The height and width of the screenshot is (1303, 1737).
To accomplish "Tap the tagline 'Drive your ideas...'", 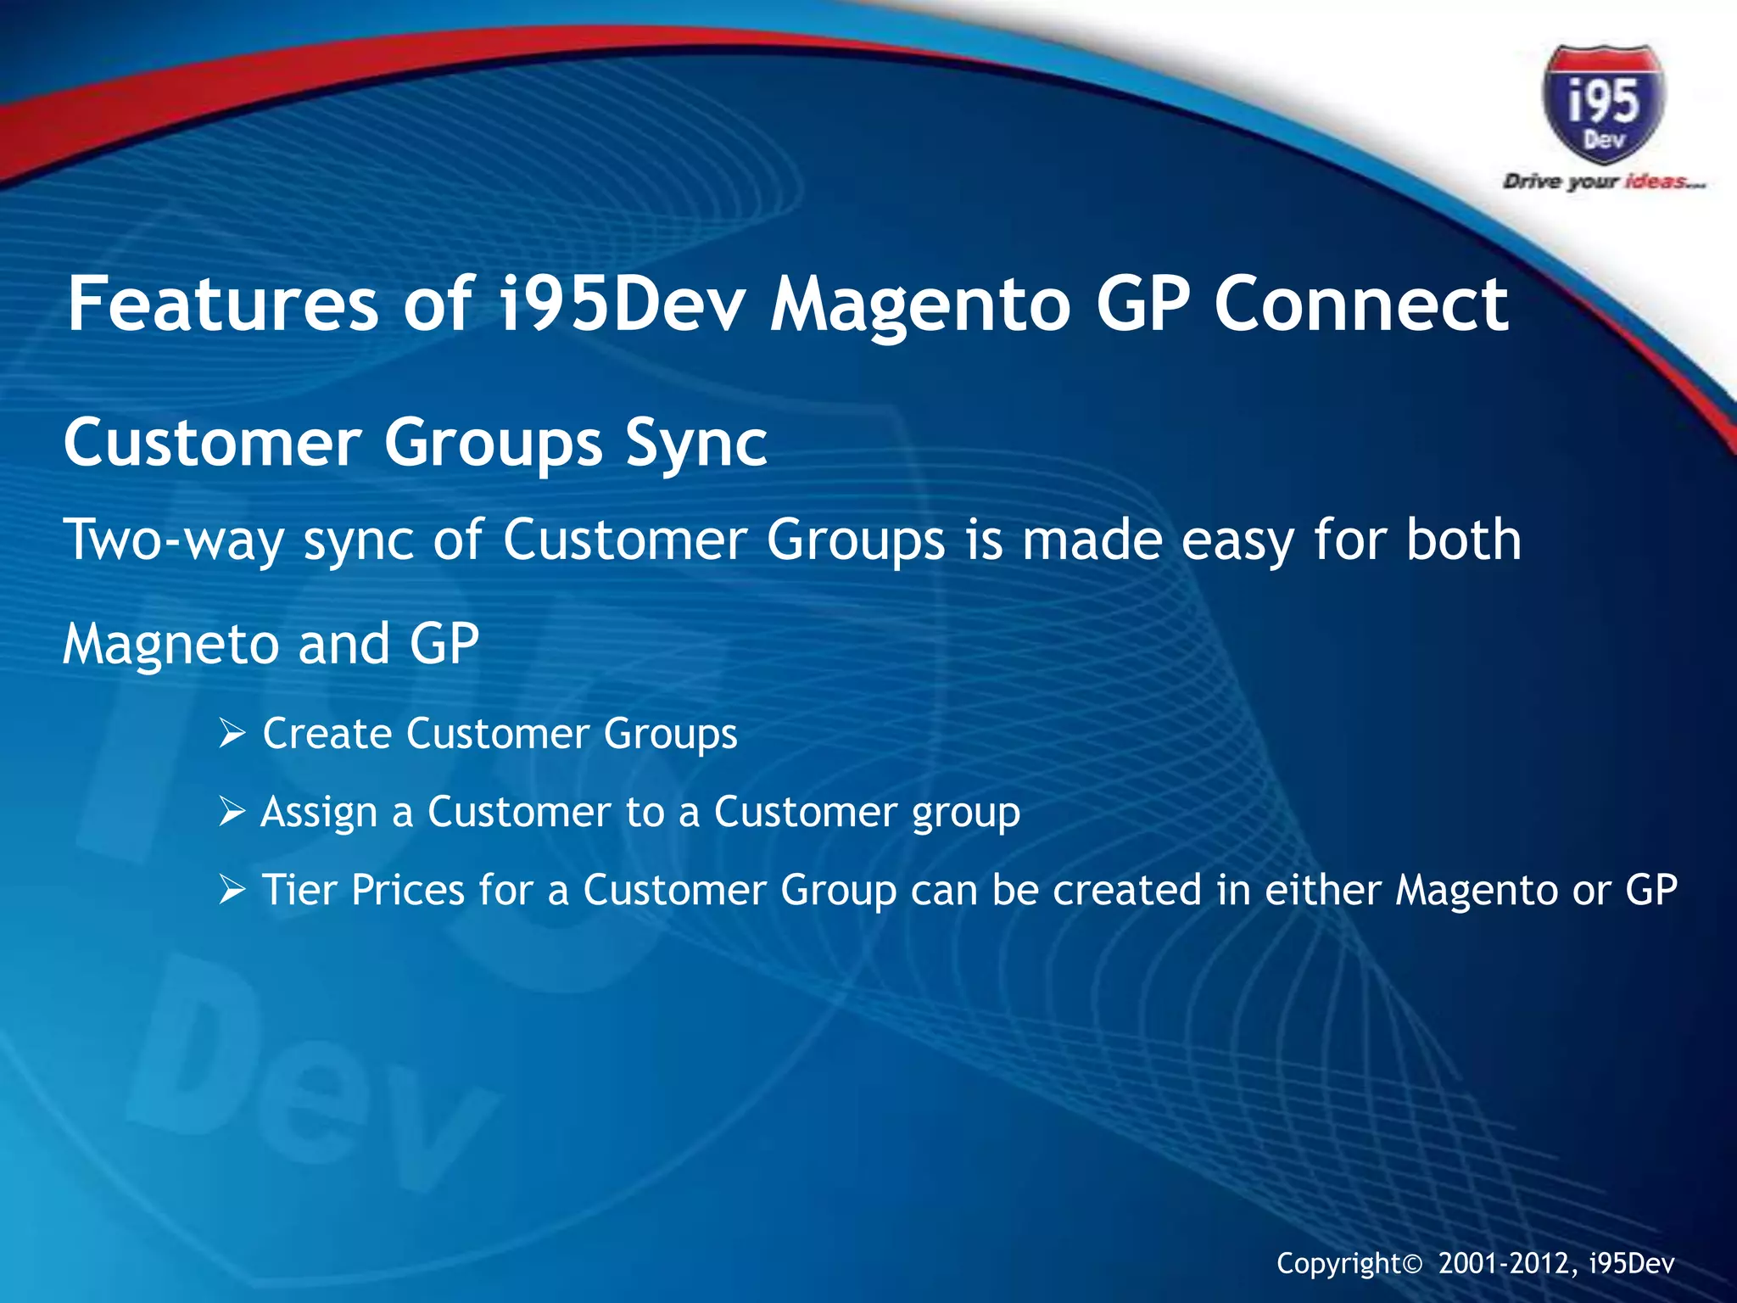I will coord(1603,182).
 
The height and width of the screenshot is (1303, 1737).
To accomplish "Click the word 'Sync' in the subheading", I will coord(695,444).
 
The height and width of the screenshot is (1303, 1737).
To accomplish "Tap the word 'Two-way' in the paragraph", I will coord(174,540).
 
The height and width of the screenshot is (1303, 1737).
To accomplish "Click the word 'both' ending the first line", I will coord(1463,540).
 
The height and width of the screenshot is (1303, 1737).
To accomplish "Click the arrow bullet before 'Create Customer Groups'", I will coord(232,734).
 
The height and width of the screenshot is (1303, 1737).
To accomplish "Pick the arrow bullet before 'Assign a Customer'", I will coord(232,812).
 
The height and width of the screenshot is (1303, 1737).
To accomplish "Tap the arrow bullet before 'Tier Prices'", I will coord(232,890).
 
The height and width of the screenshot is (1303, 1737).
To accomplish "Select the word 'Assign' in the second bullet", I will coord(318,813).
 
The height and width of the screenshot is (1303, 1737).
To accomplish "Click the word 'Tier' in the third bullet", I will coord(299,890).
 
